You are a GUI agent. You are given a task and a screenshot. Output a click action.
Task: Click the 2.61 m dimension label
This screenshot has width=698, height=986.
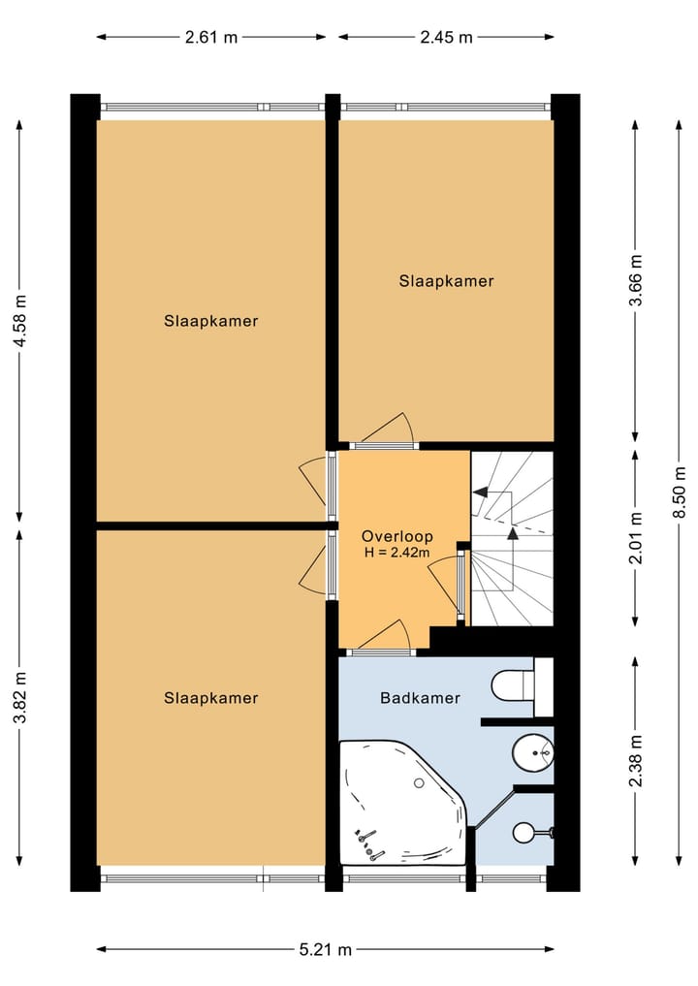pyautogui.click(x=211, y=38)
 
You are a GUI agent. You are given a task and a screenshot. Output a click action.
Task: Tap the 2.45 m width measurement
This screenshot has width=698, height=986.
pyautogui.click(x=446, y=38)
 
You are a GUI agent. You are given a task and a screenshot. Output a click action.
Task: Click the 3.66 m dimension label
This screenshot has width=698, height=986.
pyautogui.click(x=636, y=280)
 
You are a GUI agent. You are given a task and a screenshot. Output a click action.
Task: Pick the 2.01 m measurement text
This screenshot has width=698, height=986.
pyautogui.click(x=636, y=538)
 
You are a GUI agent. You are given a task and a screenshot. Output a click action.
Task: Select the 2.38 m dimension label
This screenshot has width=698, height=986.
pyautogui.click(x=636, y=762)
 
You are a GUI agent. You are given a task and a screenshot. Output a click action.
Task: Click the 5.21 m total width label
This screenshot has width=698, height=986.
pyautogui.click(x=325, y=949)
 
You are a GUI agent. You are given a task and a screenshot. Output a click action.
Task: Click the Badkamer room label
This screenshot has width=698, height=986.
pyautogui.click(x=420, y=697)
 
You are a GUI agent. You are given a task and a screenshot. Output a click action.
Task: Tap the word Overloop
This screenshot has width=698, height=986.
pyautogui.click(x=397, y=536)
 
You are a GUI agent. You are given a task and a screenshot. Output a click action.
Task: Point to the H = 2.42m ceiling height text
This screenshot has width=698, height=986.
pyautogui.click(x=397, y=553)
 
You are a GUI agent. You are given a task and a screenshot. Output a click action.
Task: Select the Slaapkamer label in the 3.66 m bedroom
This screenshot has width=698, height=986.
pyautogui.click(x=446, y=281)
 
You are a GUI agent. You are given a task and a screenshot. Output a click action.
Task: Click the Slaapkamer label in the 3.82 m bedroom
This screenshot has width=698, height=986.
pyautogui.click(x=210, y=697)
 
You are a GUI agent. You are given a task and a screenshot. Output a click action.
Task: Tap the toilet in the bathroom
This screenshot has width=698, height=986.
pyautogui.click(x=512, y=684)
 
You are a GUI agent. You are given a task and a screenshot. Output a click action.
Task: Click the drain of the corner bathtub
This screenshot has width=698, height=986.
pyautogui.click(x=420, y=782)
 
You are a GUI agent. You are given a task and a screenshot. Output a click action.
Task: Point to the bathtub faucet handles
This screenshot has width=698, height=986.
pyautogui.click(x=369, y=842)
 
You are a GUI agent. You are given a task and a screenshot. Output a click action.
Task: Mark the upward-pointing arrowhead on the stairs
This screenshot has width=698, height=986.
pyautogui.click(x=513, y=531)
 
